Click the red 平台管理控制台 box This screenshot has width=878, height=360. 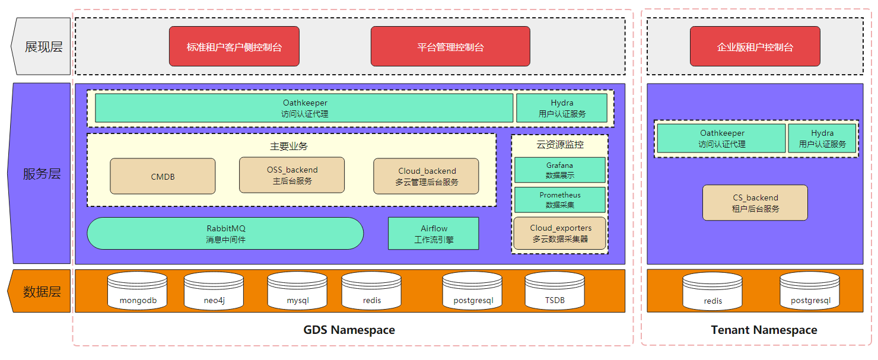click(x=450, y=46)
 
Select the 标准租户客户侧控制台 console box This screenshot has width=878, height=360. click(x=234, y=46)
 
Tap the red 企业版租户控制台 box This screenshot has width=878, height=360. click(x=755, y=46)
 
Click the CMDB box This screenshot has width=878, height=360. click(x=163, y=176)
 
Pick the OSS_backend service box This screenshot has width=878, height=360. click(x=292, y=175)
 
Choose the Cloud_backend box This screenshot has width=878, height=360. click(x=426, y=176)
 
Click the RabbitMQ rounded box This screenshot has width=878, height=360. click(x=225, y=234)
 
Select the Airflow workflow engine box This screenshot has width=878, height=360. click(x=434, y=234)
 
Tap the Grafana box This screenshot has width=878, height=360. click(x=560, y=170)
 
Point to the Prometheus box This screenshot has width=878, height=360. click(x=560, y=200)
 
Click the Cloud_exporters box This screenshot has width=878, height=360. click(x=560, y=233)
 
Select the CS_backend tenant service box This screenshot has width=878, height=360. click(x=755, y=202)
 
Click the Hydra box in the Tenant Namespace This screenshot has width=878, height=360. click(x=822, y=138)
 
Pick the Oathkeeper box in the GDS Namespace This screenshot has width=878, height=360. click(x=304, y=108)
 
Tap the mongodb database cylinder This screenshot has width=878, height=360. click(x=138, y=291)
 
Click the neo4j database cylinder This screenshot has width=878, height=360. click(x=214, y=291)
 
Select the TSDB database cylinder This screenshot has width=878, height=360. click(x=555, y=291)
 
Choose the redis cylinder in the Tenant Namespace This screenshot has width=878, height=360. click(x=712, y=291)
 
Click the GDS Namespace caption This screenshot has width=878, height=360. click(x=349, y=330)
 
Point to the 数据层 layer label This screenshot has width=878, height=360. click(x=42, y=291)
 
